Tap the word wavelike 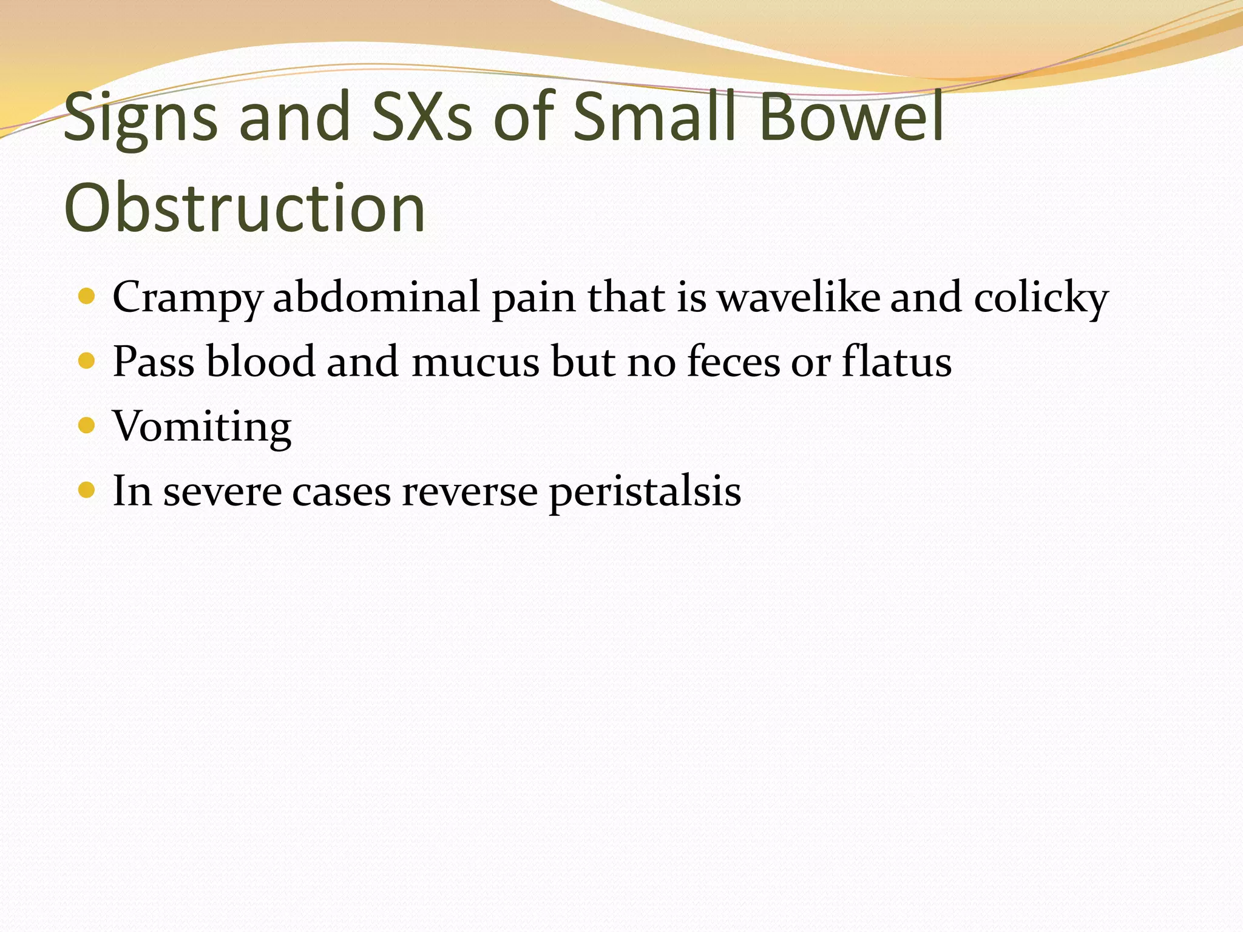798,297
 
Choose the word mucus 475,363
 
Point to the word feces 733,362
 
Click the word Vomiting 202,427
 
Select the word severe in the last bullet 222,491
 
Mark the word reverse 469,491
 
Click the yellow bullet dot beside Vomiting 87,425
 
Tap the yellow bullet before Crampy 87,296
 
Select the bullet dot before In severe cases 87,490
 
